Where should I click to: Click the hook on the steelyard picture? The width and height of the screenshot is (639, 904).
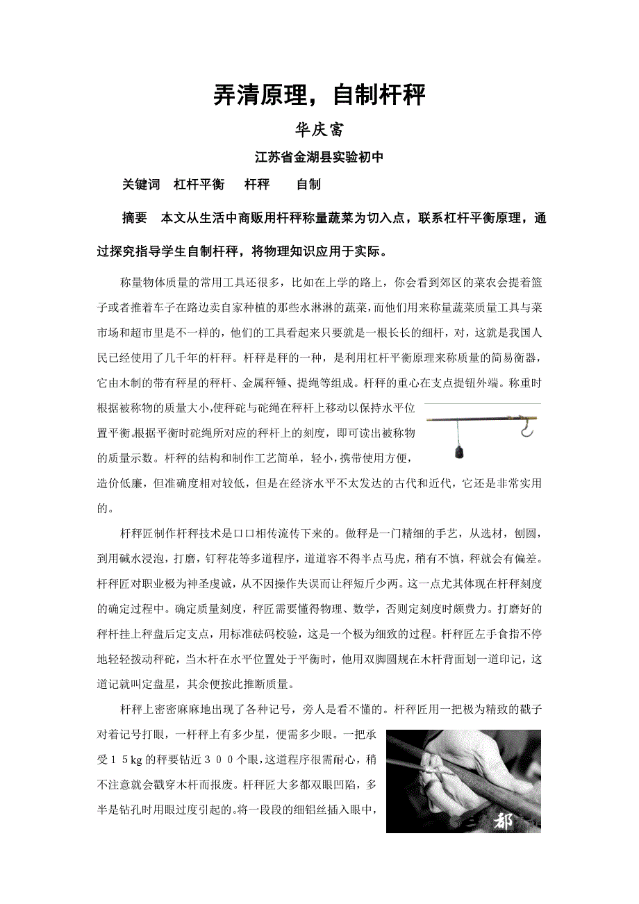coord(527,431)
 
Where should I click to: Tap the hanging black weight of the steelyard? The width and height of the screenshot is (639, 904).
coord(458,453)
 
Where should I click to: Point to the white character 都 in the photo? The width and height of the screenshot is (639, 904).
coord(505,822)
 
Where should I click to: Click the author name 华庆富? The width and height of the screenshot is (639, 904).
coord(319,130)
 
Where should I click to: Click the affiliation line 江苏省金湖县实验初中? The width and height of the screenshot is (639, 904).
coord(319,158)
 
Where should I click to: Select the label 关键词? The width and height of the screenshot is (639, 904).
coord(141,185)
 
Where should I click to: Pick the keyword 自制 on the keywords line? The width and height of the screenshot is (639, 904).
coord(308,185)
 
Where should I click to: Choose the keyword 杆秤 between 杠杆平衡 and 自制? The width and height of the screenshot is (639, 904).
coord(257,185)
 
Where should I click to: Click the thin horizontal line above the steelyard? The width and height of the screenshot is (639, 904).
coord(482,403)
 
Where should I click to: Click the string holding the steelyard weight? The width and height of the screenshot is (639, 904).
coord(458,434)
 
